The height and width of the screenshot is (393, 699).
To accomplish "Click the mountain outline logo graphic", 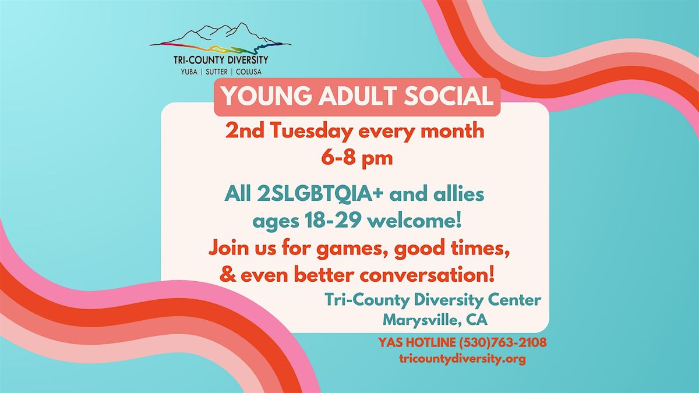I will (220, 38).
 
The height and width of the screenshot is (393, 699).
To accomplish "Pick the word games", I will (349, 249).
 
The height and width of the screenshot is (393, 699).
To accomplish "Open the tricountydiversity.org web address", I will (463, 359).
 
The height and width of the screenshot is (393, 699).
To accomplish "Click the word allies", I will (458, 194).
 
